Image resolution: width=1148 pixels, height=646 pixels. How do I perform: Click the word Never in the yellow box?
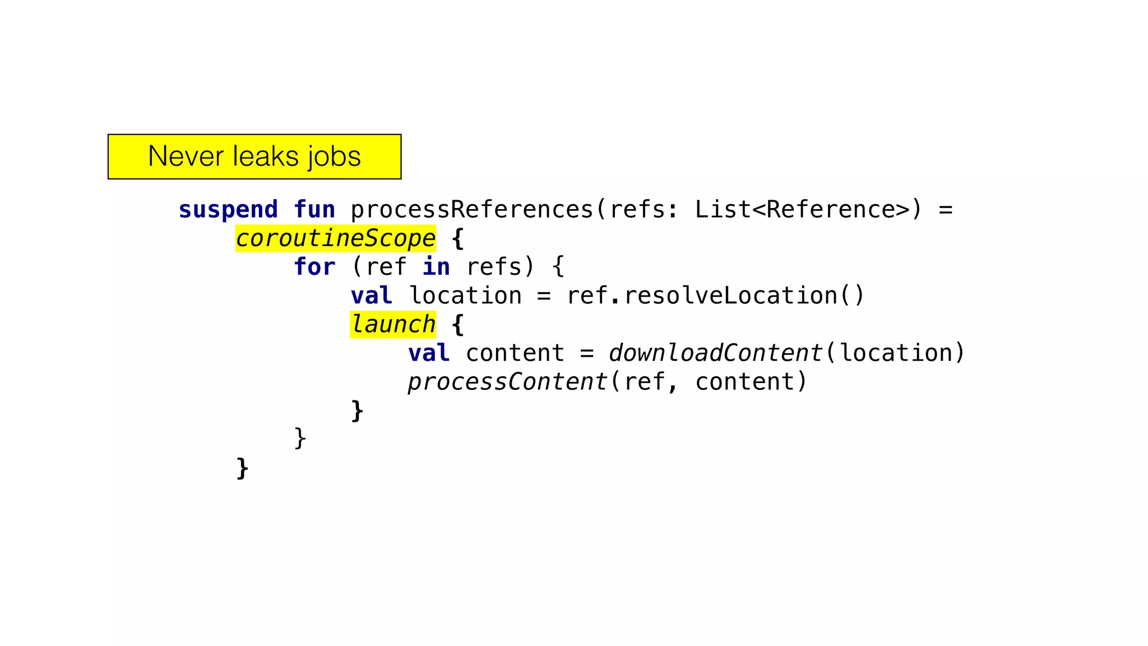click(186, 156)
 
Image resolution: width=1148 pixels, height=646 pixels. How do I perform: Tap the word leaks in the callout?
click(265, 156)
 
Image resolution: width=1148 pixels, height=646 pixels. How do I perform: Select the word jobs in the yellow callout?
click(334, 158)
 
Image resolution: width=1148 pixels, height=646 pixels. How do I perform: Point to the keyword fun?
click(314, 210)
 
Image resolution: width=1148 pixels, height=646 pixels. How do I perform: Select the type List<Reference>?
click(802, 210)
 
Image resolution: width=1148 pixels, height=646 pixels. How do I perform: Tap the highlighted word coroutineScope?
click(335, 238)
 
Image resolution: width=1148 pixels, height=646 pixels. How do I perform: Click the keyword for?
click(314, 267)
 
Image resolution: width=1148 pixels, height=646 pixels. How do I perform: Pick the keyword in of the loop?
click(436, 267)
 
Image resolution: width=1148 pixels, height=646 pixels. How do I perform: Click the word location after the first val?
click(465, 296)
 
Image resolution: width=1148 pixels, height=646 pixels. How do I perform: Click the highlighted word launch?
click(393, 325)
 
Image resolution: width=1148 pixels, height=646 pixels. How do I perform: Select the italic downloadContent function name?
click(715, 353)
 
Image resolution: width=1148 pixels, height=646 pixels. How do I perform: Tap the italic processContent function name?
click(507, 382)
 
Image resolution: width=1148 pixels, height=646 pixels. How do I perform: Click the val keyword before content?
click(429, 353)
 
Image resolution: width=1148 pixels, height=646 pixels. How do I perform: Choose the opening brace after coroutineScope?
click(457, 239)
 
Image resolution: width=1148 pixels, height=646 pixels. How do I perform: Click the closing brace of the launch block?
click(357, 411)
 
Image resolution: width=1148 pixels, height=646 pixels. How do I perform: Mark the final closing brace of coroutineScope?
click(242, 468)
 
